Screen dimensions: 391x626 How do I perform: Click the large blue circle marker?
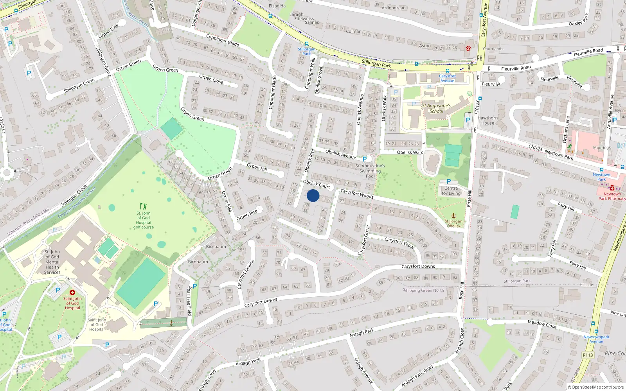(313, 195)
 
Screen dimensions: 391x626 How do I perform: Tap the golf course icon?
(143, 206)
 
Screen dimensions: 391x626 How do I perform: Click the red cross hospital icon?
(72, 292)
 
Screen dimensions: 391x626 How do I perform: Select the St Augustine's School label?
(436, 108)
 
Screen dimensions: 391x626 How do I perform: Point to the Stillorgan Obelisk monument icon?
(453, 215)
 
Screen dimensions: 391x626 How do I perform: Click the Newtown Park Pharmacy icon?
(612, 188)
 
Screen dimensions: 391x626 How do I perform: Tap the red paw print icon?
(468, 48)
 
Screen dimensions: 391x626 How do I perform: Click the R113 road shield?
(588, 355)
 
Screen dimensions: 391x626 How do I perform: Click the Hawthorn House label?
(487, 120)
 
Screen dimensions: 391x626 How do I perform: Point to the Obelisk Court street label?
(317, 184)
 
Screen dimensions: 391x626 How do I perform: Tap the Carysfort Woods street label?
(357, 194)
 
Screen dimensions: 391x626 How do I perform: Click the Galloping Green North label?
(423, 290)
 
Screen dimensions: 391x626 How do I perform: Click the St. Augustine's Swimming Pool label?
(370, 171)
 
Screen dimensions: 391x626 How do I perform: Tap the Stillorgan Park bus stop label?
(306, 51)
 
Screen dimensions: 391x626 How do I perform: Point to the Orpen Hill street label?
(257, 167)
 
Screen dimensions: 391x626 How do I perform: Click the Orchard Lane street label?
(566, 129)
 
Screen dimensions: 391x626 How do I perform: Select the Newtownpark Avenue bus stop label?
(596, 339)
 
